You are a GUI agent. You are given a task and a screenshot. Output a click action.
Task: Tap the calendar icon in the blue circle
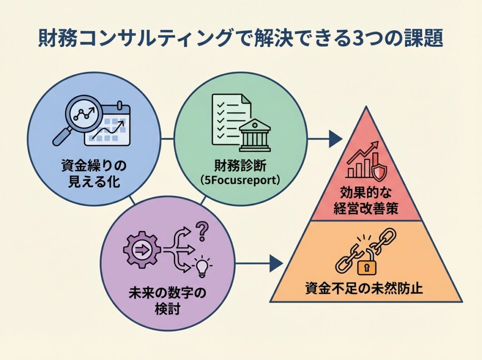pos(107,124)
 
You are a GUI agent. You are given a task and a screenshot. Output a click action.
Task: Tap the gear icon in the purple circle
pos(140,250)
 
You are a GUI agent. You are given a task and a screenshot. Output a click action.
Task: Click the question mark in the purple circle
pos(202,231)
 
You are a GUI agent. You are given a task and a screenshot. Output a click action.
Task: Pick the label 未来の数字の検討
pos(167,302)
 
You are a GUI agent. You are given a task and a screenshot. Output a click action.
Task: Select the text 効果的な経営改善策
pos(366,200)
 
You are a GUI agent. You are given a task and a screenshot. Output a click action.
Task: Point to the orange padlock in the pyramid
pos(367,267)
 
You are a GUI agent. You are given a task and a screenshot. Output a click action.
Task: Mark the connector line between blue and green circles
pos(167,139)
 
